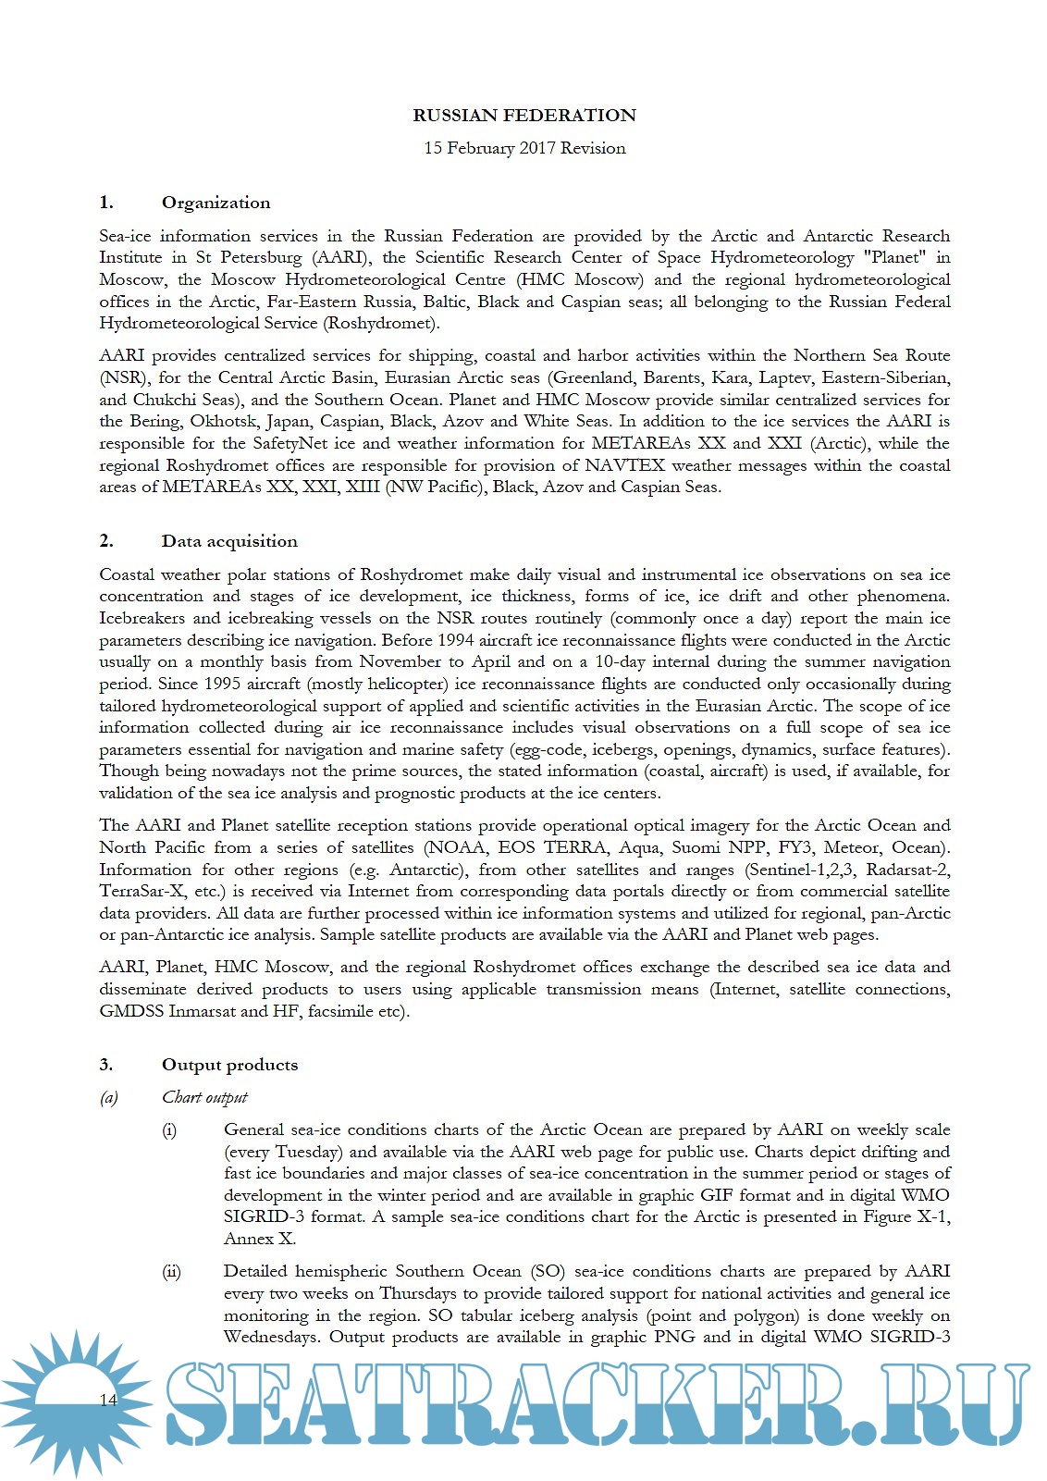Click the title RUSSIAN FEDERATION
pos(524,116)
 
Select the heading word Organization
pos(216,203)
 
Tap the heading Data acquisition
pos(229,541)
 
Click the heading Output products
pos(229,1065)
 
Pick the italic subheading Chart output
pos(204,1097)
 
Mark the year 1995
pos(203,684)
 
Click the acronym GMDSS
pos(131,1011)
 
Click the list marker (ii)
pos(171,1272)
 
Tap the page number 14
pos(108,1400)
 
